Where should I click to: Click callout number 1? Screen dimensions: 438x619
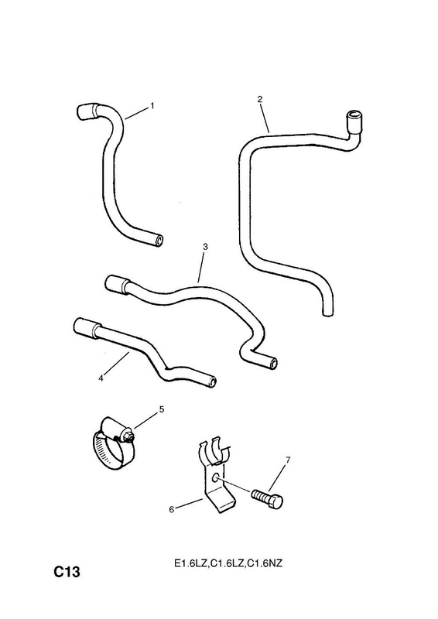(152, 106)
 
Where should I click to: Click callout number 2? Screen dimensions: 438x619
(259, 99)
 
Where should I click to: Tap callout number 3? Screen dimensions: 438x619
(205, 247)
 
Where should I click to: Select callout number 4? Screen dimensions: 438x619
(101, 378)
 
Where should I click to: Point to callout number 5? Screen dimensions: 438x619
(162, 409)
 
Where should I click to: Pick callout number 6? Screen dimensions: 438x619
(172, 510)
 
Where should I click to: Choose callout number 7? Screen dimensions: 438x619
(288, 460)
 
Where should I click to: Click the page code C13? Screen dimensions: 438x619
(67, 572)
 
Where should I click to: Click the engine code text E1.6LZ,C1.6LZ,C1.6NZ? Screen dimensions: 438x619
(228, 564)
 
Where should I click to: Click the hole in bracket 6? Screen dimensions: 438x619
(215, 478)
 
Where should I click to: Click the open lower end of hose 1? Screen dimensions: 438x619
(159, 241)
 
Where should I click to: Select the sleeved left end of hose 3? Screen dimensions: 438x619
(117, 284)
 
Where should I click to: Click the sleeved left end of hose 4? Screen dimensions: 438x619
(85, 328)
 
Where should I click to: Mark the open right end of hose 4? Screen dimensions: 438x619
(213, 381)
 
